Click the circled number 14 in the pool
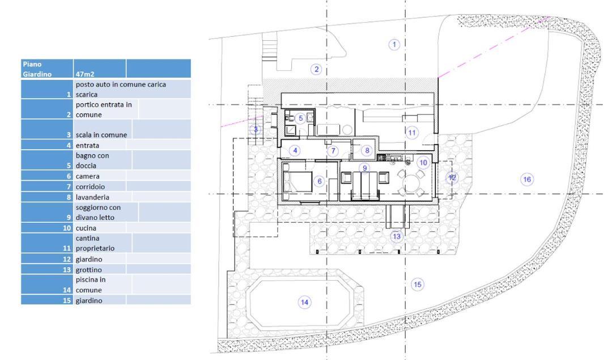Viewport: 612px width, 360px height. (x=304, y=302)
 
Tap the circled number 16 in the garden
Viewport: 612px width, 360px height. (x=527, y=179)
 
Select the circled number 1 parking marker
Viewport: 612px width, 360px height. (x=394, y=45)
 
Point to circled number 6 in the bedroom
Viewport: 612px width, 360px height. (x=320, y=181)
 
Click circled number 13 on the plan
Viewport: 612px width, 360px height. (x=397, y=236)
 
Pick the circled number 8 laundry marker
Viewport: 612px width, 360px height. (x=367, y=150)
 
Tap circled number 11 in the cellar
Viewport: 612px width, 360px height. (x=412, y=132)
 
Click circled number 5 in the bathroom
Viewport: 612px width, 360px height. (x=300, y=118)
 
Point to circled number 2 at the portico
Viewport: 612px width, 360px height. (x=316, y=70)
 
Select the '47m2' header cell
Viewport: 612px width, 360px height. (x=100, y=69)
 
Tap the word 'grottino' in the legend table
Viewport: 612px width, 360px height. (x=88, y=269)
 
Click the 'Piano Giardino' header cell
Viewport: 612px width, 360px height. (x=47, y=69)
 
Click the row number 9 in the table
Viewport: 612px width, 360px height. (x=69, y=218)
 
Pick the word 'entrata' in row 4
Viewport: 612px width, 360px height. (x=87, y=145)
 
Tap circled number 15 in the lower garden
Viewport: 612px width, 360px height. (x=417, y=284)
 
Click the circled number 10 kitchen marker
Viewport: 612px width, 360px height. (x=423, y=162)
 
